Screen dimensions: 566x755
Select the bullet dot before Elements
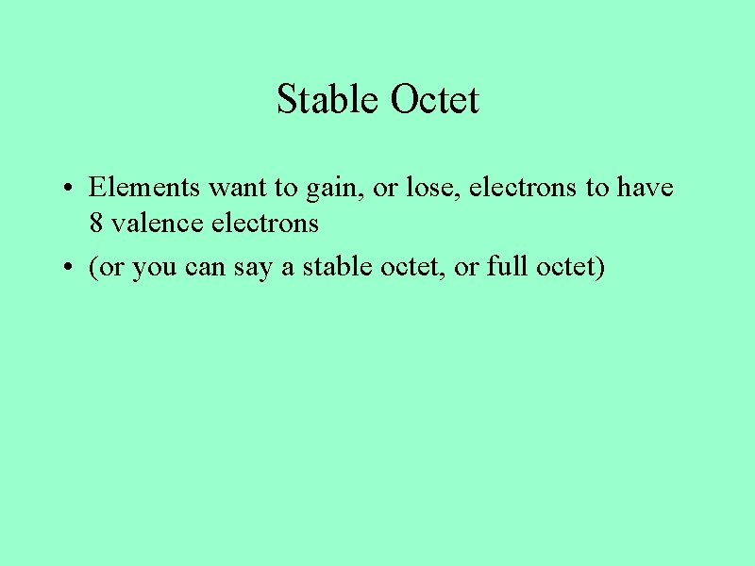point(71,189)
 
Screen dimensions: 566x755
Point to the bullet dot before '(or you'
point(71,269)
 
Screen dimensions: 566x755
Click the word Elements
point(144,187)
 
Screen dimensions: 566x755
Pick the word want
point(239,187)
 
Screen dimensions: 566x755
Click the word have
point(646,187)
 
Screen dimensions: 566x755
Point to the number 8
point(95,224)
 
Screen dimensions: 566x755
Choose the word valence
point(149,224)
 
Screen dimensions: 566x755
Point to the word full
point(507,267)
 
